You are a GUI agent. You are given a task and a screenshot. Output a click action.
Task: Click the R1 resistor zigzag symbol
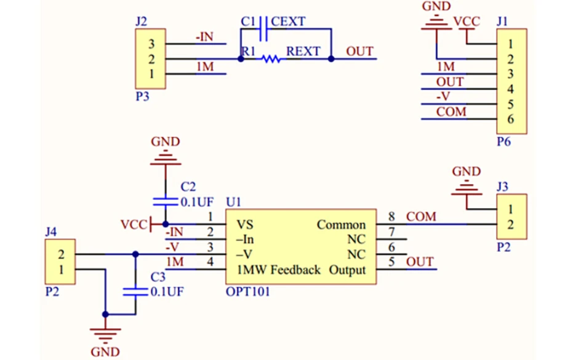pyautogui.click(x=271, y=58)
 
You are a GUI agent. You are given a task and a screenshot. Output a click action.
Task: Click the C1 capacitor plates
pyautogui.click(x=263, y=28)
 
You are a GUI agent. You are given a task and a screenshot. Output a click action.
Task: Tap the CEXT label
pyautogui.click(x=288, y=22)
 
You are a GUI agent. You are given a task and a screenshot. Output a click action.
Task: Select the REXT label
pyautogui.click(x=303, y=51)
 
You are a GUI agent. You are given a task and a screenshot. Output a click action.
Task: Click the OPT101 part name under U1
pyautogui.click(x=248, y=292)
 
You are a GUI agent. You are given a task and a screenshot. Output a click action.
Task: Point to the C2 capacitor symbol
pyautogui.click(x=166, y=202)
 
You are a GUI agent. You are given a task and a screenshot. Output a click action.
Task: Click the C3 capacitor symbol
pyautogui.click(x=135, y=292)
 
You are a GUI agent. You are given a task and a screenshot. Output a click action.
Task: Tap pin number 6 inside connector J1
pyautogui.click(x=511, y=119)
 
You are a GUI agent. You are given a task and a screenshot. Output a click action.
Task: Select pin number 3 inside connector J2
pyautogui.click(x=151, y=44)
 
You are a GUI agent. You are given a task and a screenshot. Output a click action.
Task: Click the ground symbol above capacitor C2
pyautogui.click(x=166, y=157)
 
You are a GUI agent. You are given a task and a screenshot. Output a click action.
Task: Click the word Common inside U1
pyautogui.click(x=342, y=225)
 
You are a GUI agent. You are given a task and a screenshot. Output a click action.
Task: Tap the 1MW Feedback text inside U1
pyautogui.click(x=279, y=270)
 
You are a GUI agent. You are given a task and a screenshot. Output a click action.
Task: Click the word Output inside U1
pyautogui.click(x=347, y=270)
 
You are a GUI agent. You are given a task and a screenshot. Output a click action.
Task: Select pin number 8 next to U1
pyautogui.click(x=391, y=217)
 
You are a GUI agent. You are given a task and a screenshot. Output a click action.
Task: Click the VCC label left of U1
pyautogui.click(x=134, y=225)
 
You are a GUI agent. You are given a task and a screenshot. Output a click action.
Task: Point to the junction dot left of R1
pyautogui.click(x=241, y=58)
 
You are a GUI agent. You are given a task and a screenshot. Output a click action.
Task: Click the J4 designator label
pyautogui.click(x=51, y=232)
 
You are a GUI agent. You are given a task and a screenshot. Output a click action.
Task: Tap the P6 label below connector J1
pyautogui.click(x=503, y=142)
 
